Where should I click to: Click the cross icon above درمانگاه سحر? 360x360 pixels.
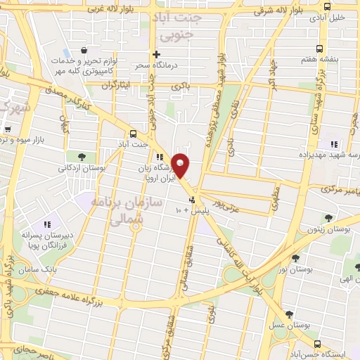click(x=157, y=53)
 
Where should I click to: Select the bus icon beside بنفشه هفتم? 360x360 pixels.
click(x=320, y=49)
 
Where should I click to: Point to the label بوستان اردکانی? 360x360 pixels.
click(x=82, y=169)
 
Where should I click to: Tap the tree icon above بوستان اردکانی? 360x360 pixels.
click(x=82, y=157)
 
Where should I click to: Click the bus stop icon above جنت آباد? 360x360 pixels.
click(x=133, y=132)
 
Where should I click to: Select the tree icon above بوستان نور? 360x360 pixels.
click(x=295, y=257)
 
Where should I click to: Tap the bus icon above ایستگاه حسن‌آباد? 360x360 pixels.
click(x=319, y=344)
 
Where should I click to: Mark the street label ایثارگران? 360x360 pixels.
click(x=117, y=85)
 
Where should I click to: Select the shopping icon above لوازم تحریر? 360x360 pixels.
click(x=84, y=51)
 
